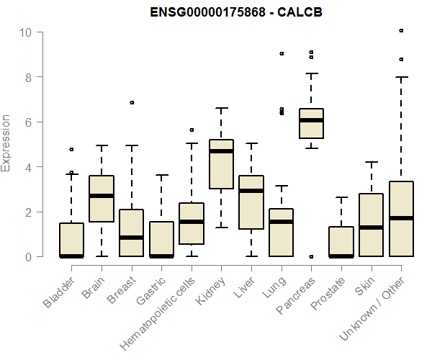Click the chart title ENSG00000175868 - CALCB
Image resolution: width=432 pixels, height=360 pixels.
pos(235,12)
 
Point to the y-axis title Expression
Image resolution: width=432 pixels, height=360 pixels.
pos(6,143)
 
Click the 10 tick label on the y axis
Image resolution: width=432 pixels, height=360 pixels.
pos(25,32)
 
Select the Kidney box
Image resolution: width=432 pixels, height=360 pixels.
pos(221,164)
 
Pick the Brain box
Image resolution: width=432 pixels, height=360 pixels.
pos(102,199)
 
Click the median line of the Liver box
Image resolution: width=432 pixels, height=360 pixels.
pos(251,191)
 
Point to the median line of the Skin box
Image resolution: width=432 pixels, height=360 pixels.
pos(371,228)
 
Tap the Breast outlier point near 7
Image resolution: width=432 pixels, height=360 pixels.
pos(132,103)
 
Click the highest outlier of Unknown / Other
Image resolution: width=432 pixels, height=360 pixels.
pos(401,31)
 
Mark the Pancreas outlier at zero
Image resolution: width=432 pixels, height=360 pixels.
pos(311,256)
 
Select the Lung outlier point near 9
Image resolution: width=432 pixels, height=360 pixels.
pos(282,53)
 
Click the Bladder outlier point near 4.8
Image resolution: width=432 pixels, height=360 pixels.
pos(71,149)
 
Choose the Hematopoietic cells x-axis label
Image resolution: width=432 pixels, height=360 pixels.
pos(166,303)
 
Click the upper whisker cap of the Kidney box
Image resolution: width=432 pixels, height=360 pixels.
pos(221,108)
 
